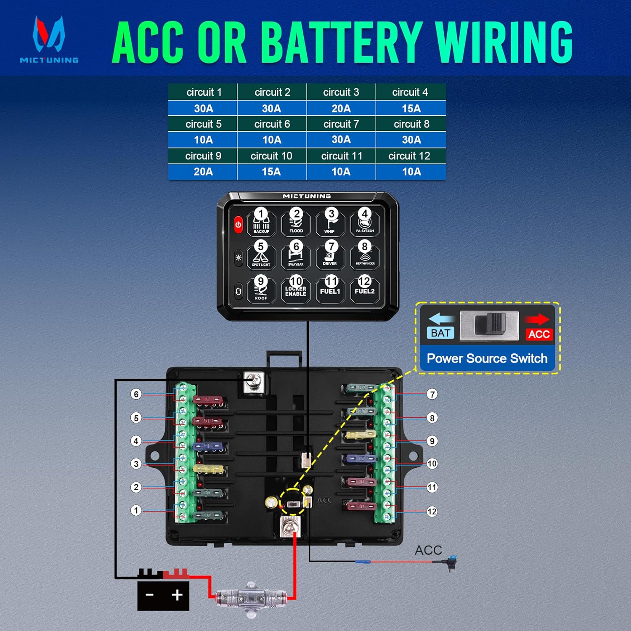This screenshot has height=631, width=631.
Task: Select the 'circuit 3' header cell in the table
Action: pyautogui.click(x=341, y=92)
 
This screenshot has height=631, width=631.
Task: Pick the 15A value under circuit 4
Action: pyautogui.click(x=411, y=109)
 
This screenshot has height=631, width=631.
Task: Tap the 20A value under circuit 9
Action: pyautogui.click(x=203, y=172)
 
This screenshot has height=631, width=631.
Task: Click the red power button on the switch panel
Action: pyautogui.click(x=238, y=225)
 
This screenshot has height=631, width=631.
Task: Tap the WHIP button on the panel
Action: pyautogui.click(x=330, y=223)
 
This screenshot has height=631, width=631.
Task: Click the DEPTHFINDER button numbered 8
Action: pyautogui.click(x=365, y=255)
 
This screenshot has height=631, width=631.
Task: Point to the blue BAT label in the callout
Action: pyautogui.click(x=440, y=333)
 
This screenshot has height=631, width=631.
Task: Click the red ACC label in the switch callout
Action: pyautogui.click(x=539, y=334)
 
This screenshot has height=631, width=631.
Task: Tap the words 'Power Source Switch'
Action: pyautogui.click(x=487, y=358)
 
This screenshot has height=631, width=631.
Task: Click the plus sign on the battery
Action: pyautogui.click(x=177, y=595)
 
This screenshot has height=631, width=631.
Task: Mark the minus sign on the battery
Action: pyautogui.click(x=149, y=595)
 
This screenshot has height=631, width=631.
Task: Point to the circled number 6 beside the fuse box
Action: pyautogui.click(x=135, y=394)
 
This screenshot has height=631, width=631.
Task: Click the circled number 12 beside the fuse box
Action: pyautogui.click(x=432, y=512)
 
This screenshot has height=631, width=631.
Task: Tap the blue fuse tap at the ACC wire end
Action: pyautogui.click(x=453, y=562)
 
